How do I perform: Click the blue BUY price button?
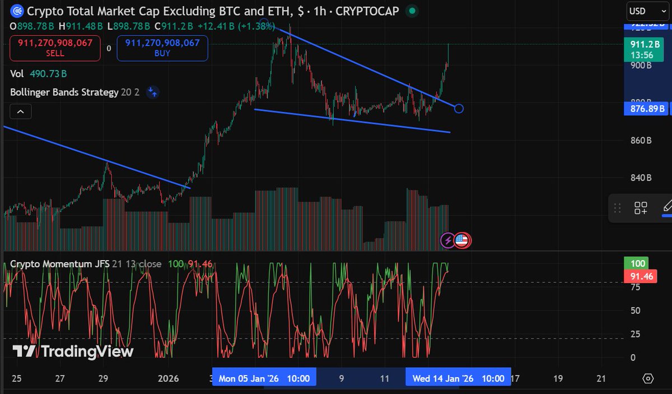[x=162, y=48]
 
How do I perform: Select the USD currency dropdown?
[x=642, y=11]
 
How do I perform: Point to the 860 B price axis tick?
[x=640, y=140]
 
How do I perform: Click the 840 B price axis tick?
[x=640, y=178]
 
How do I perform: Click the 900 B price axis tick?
[x=640, y=65]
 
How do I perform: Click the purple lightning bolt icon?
[x=448, y=240]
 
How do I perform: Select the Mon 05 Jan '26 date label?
[x=264, y=378]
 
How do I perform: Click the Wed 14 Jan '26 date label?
[x=458, y=378]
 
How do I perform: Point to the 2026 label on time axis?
[x=169, y=378]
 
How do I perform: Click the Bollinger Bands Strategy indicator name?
[x=64, y=92]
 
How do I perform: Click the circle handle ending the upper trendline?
[x=459, y=108]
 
